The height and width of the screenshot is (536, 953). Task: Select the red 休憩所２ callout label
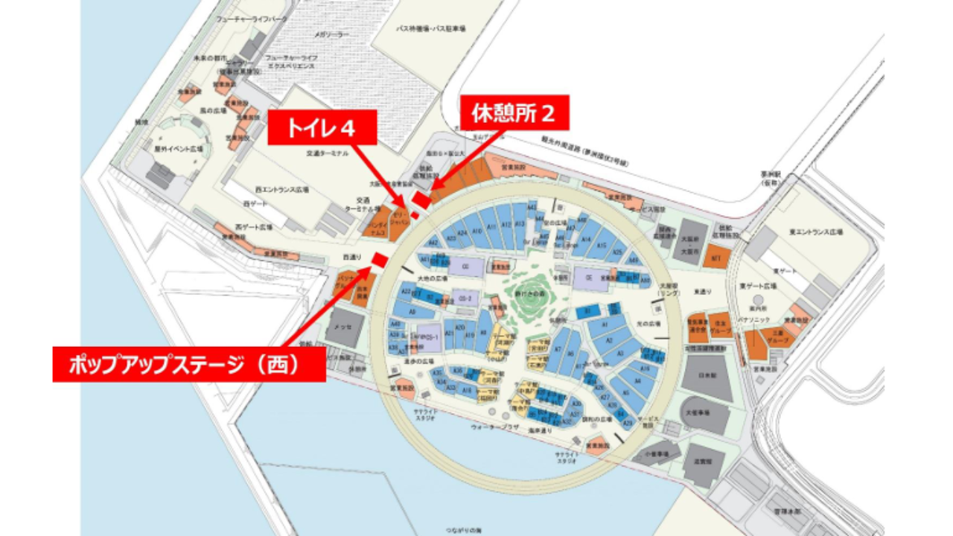point(514,113)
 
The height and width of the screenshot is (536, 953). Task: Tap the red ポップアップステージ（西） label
point(189,364)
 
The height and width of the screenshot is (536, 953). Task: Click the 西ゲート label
point(255,203)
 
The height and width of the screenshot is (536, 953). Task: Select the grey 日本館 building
point(706,377)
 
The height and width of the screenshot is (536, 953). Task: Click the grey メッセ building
point(344,328)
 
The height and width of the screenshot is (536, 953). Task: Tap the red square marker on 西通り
point(378,260)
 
